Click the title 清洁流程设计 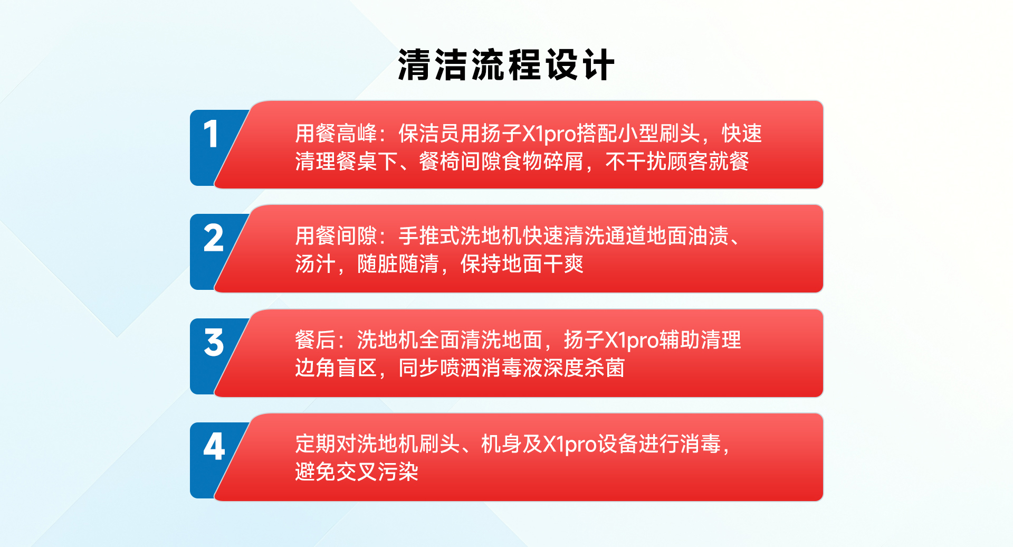506,65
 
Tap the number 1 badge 211,134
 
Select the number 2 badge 214,238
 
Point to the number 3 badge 214,343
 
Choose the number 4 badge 214,447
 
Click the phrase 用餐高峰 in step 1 336,134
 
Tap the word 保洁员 429,134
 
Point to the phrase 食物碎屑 543,162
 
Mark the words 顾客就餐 708,162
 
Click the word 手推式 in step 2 429,236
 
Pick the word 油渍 708,236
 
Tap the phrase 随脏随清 398,264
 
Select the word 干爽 563,264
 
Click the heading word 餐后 316,340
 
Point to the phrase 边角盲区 336,368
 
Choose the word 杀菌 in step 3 605,368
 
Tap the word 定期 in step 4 316,444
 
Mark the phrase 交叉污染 377,472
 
